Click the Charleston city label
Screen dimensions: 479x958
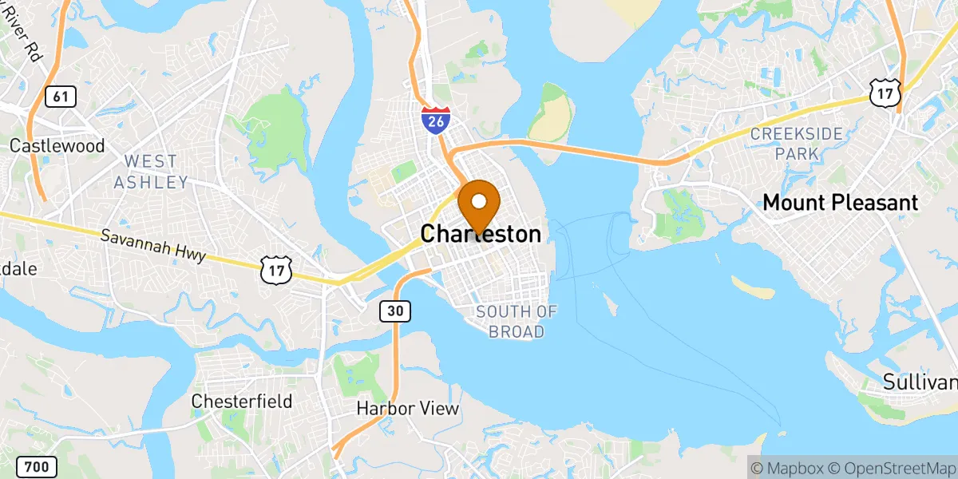tap(481, 234)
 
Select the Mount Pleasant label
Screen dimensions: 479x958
tap(841, 203)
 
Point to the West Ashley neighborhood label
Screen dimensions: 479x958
tap(151, 172)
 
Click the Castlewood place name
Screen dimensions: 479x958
tap(57, 146)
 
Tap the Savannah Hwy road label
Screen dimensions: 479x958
tap(153, 247)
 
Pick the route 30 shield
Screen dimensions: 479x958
tap(396, 311)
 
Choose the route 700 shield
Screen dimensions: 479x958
tap(35, 465)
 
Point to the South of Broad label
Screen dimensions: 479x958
tap(516, 321)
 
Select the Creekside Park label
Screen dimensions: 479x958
tap(796, 143)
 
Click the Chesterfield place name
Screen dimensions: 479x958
tap(242, 401)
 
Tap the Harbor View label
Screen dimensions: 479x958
tap(408, 409)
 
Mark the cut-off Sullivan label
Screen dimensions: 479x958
tap(920, 382)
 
